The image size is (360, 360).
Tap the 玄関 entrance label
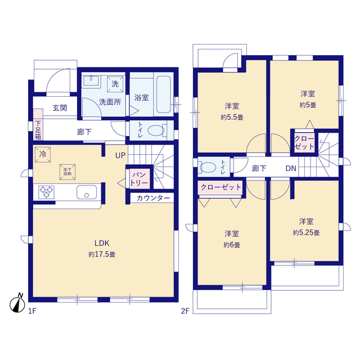pos(60,109)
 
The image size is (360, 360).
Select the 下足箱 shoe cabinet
pos(38,129)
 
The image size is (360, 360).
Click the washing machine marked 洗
pos(115,84)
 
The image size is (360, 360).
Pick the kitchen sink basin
pos(86,192)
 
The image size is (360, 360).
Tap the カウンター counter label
pos(152,198)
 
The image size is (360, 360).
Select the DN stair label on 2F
pos(291,168)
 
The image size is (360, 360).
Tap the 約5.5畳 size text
pos(231,118)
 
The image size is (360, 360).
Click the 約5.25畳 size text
pos(306,232)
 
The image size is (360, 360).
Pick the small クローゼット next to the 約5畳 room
pos(304,142)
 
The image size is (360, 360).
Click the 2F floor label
pos(185,310)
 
